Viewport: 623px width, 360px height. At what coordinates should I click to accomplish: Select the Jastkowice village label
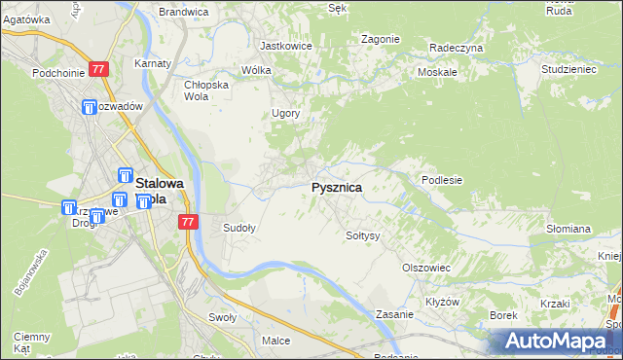click(x=284, y=45)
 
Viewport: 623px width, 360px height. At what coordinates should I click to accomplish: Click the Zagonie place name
click(x=381, y=39)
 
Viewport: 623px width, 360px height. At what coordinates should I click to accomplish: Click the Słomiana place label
click(x=568, y=229)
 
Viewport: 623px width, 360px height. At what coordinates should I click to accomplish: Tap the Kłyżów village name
click(x=443, y=302)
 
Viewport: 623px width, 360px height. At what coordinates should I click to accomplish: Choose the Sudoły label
click(x=239, y=229)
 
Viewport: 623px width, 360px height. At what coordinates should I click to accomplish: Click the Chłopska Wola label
click(x=206, y=90)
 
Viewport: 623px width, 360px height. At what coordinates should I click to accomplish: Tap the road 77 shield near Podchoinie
click(x=98, y=70)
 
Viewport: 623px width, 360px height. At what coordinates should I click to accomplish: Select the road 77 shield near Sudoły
click(x=189, y=223)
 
